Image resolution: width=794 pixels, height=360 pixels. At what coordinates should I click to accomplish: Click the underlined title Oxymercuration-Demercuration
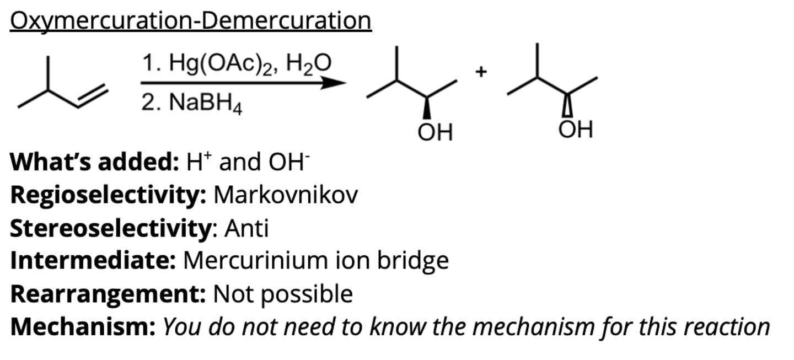191,20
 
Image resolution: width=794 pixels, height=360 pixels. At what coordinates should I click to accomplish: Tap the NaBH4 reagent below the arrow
206,103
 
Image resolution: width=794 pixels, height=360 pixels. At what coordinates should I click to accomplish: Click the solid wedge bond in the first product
427,108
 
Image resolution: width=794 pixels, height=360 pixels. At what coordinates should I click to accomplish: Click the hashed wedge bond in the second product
567,105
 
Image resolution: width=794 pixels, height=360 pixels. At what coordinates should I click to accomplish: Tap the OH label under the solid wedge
435,132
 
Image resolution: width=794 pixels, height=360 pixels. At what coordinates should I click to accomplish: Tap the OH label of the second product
576,130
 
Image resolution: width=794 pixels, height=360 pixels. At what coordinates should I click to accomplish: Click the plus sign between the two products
481,72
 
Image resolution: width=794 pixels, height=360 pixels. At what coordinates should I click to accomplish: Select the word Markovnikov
286,195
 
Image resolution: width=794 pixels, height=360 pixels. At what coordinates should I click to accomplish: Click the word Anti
246,228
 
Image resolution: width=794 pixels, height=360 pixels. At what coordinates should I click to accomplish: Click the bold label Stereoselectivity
111,229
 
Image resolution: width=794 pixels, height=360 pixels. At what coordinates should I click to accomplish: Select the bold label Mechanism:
83,327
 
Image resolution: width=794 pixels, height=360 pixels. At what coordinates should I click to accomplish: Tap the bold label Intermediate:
93,261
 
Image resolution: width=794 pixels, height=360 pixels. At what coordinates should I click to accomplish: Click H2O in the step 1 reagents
308,64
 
